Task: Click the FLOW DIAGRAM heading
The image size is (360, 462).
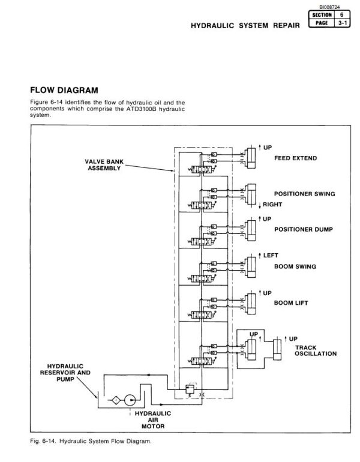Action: click(63, 91)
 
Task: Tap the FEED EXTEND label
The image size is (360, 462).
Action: click(296, 159)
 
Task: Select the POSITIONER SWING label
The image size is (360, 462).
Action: click(304, 194)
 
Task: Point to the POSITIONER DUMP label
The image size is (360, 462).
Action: click(303, 229)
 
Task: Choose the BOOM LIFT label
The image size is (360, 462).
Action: click(291, 303)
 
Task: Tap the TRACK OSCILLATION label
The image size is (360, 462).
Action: click(316, 350)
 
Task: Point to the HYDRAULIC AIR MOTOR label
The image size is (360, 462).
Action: click(152, 420)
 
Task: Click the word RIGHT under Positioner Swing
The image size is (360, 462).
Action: click(274, 205)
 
